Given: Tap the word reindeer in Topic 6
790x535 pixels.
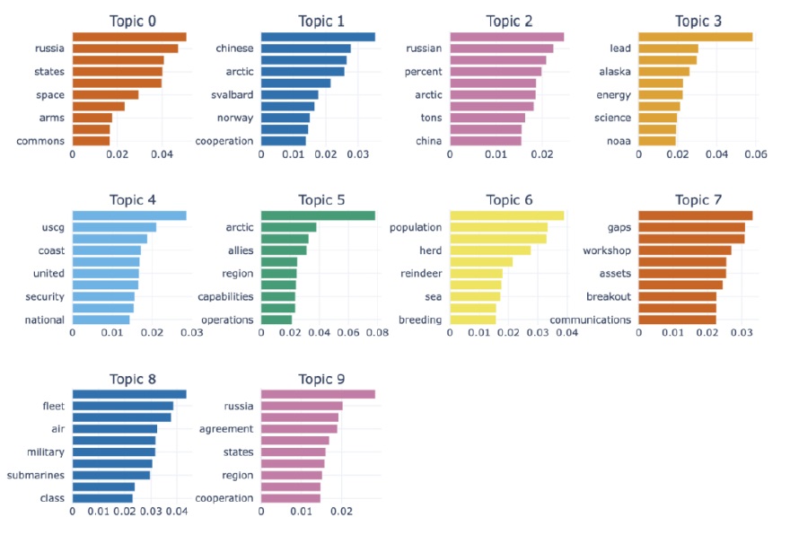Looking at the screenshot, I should coord(422,273).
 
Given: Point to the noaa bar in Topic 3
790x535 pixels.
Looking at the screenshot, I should coord(656,141).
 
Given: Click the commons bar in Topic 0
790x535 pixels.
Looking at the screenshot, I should coord(91,141).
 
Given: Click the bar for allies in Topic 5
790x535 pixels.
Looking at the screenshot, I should coord(283,250).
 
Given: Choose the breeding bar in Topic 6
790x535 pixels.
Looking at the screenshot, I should coord(472,320).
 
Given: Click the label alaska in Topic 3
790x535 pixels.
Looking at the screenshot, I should coord(614,71).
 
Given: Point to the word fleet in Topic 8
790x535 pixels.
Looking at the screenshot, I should coord(53,406).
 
